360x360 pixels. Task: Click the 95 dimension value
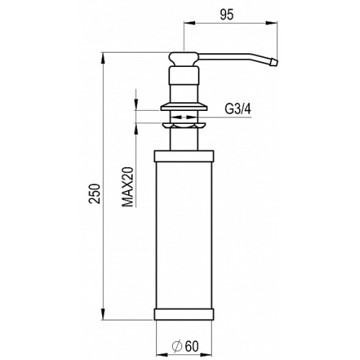[x=227, y=15]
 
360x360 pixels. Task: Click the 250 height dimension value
[x=94, y=194]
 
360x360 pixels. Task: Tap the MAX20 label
[x=127, y=186]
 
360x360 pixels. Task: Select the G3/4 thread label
[x=238, y=109]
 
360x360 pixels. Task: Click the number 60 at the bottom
[x=192, y=346]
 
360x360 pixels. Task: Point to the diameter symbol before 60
[x=178, y=346]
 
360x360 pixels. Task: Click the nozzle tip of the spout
[x=274, y=63]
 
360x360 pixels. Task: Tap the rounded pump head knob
[x=184, y=58]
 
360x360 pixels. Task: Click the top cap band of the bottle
[x=184, y=156]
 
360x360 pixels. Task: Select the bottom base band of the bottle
[x=184, y=315]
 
